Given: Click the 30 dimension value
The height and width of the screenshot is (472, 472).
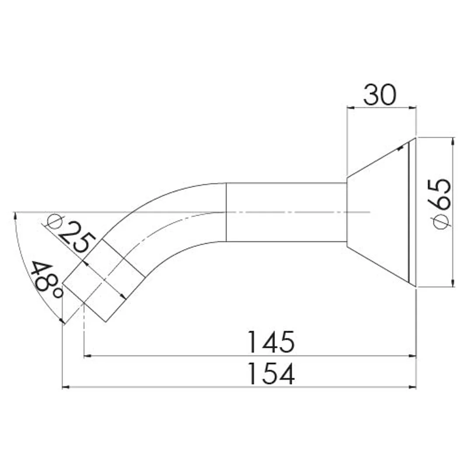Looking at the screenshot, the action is [380, 95].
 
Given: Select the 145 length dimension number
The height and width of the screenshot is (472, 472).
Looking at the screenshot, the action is [270, 342].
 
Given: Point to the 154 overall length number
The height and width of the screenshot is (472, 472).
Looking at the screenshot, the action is [270, 374].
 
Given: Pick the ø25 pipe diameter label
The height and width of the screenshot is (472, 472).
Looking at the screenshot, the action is [71, 234].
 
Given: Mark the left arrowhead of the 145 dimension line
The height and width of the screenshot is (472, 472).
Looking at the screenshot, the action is [87, 356].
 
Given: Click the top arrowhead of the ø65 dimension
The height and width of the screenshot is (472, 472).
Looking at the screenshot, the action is [453, 142].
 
